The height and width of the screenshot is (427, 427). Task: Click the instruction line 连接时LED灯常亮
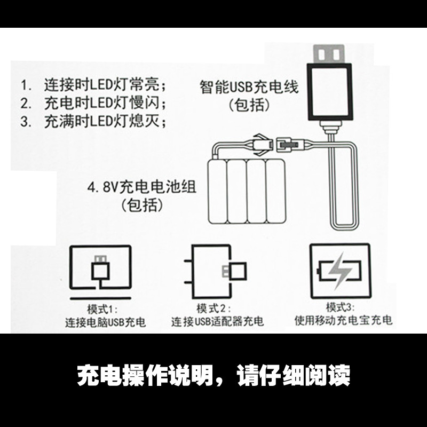[x=105, y=84]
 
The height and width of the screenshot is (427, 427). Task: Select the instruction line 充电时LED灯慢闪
[x=105, y=102]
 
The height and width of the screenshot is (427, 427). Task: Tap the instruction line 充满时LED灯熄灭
[x=105, y=121]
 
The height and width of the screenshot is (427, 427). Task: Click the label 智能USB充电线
[x=249, y=87]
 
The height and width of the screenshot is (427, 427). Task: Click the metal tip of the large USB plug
[x=329, y=54]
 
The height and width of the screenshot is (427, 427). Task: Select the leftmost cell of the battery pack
[x=217, y=192]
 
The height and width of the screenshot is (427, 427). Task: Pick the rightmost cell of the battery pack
[x=275, y=192]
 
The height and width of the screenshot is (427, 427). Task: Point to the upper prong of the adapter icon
[x=188, y=261]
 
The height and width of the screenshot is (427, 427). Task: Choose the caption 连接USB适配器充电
[x=217, y=321]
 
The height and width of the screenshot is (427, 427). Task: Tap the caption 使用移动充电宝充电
[x=343, y=320]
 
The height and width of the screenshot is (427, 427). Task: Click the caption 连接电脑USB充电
[x=105, y=322]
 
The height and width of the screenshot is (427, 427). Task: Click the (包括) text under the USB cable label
[x=249, y=105]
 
